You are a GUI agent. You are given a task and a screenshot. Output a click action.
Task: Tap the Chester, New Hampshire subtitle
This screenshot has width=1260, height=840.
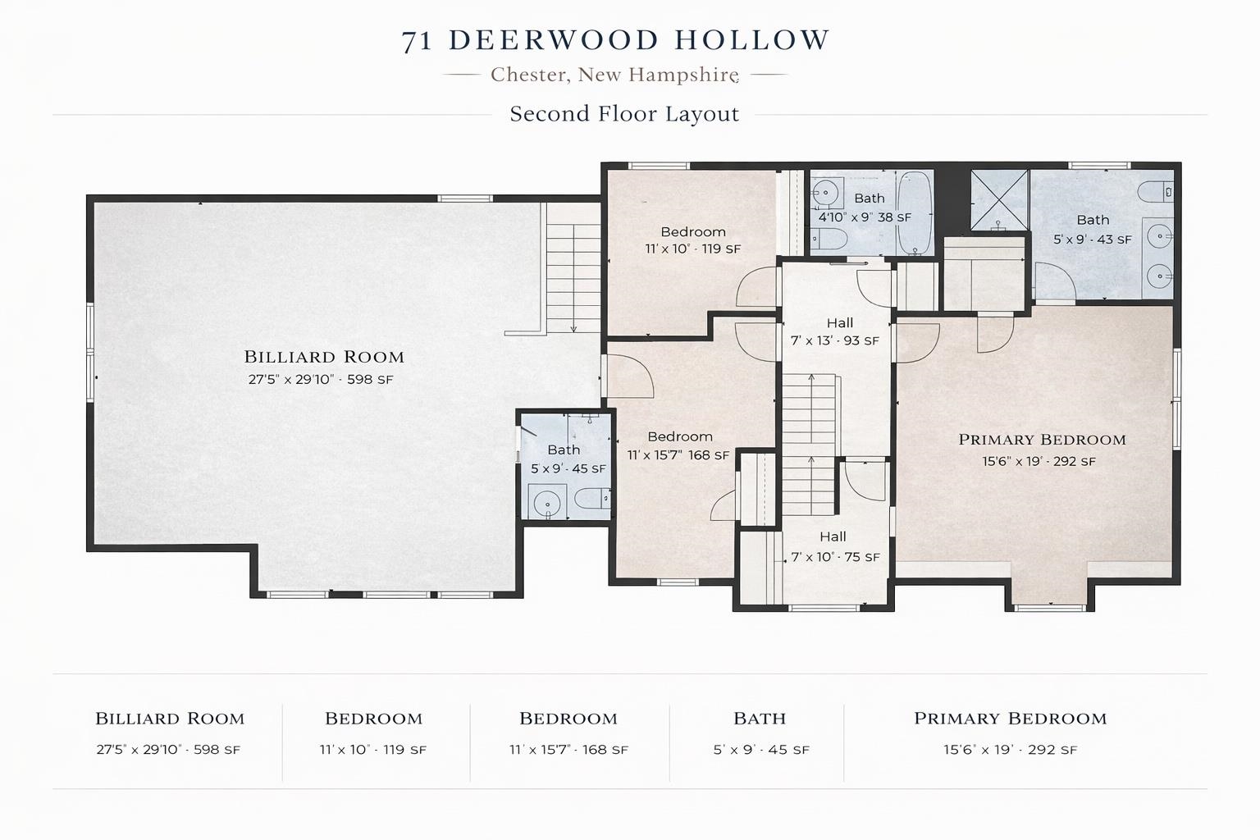[x=614, y=75]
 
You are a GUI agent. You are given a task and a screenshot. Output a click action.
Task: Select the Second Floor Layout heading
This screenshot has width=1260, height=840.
[x=624, y=114]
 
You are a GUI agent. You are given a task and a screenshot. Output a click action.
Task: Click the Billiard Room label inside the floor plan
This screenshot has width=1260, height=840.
[x=324, y=357]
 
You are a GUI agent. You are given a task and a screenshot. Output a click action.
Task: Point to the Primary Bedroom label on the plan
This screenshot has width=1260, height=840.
[x=1042, y=440]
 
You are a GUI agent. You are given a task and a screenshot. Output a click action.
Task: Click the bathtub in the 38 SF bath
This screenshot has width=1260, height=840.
[x=913, y=212]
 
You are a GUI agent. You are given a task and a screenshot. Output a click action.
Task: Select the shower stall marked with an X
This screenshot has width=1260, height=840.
[x=999, y=199]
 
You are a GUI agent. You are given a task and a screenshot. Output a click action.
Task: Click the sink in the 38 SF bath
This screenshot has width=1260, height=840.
[x=826, y=194]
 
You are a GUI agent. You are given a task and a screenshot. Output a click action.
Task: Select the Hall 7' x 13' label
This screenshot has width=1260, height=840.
[x=835, y=331]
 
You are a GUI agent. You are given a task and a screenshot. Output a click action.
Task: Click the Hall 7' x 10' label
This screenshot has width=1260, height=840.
[x=834, y=547]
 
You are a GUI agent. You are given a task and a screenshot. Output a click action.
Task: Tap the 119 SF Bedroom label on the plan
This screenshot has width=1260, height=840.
[x=693, y=240]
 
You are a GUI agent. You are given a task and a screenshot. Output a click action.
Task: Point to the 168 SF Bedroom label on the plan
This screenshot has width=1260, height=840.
[x=679, y=445]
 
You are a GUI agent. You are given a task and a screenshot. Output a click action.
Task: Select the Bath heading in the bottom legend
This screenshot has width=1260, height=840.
[x=760, y=719]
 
